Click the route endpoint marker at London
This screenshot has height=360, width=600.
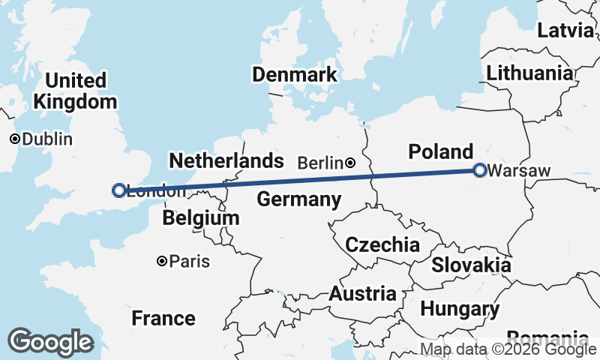point(118,190)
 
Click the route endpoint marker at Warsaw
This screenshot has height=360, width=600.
point(480,171)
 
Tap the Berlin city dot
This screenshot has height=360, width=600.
point(350,162)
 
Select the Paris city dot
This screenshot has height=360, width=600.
point(161,261)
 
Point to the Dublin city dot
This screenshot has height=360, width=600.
point(14,139)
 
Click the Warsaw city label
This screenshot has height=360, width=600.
point(519,171)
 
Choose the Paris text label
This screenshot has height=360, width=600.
point(189,262)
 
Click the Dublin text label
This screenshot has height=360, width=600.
point(47,139)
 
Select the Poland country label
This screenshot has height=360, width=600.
point(441,151)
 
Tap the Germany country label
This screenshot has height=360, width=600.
point(299,199)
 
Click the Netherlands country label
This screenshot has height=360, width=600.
point(226,160)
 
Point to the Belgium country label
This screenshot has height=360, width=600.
point(201,218)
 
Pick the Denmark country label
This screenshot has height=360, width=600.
point(295,75)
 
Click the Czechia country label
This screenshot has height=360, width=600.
point(382,244)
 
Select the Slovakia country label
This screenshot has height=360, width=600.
point(471,265)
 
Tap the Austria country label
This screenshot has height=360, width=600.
point(362,293)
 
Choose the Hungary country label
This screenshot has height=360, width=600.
point(460,308)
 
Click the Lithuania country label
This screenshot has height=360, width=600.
point(529,73)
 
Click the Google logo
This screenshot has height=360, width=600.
point(50,341)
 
